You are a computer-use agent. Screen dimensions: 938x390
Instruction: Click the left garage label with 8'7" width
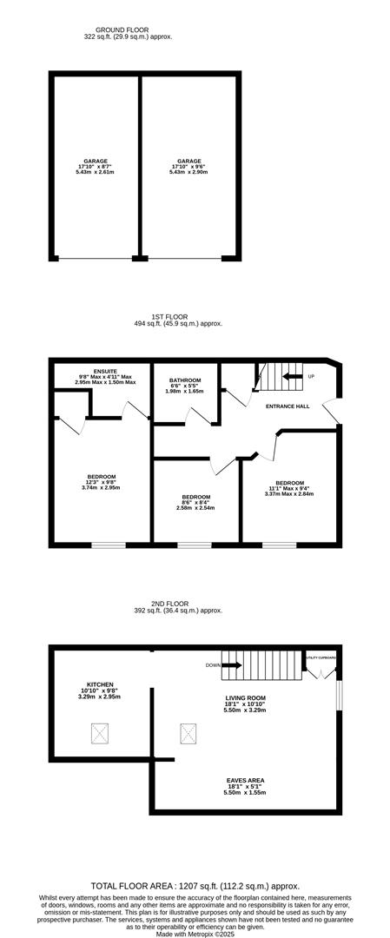click(95, 167)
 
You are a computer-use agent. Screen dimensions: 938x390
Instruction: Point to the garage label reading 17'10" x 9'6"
click(188, 167)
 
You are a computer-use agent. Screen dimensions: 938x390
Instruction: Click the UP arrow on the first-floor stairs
click(293, 376)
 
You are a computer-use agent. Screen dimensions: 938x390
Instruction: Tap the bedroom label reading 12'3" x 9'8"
click(101, 482)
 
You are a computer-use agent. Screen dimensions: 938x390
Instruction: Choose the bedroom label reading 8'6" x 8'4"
click(195, 502)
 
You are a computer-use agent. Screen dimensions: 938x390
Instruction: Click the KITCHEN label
click(100, 690)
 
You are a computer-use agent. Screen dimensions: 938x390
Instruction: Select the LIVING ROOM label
click(244, 703)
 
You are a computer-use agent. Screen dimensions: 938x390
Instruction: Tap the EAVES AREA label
click(244, 787)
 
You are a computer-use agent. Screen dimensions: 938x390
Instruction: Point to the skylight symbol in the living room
click(188, 734)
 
